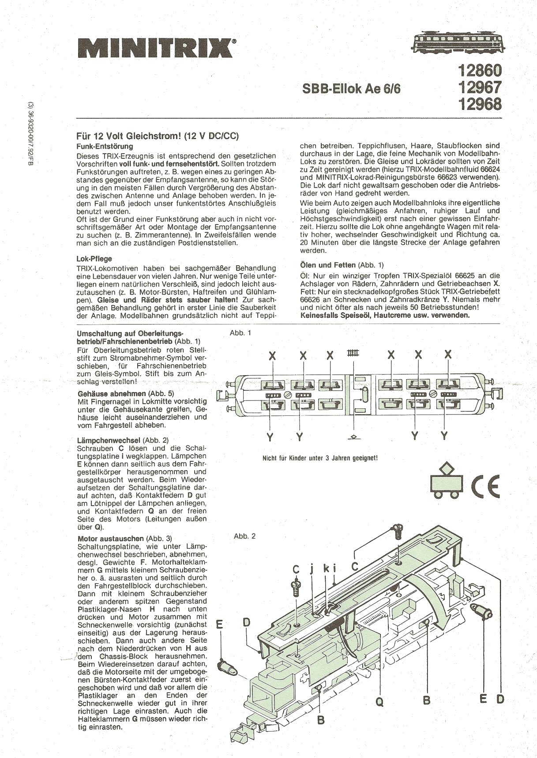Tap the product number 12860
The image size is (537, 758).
tap(480, 71)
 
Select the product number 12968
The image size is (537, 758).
tap(480, 105)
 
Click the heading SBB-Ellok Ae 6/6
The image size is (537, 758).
tap(352, 89)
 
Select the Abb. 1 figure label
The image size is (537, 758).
tap(240, 333)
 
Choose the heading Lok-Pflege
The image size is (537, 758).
tap(94, 259)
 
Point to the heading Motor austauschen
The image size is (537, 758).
tap(111, 539)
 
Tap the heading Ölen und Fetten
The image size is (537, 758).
tap(328, 265)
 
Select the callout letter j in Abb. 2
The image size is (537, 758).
tap(312, 569)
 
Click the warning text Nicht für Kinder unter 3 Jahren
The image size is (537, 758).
tap(320, 458)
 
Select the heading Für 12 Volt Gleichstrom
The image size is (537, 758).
tap(158, 136)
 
